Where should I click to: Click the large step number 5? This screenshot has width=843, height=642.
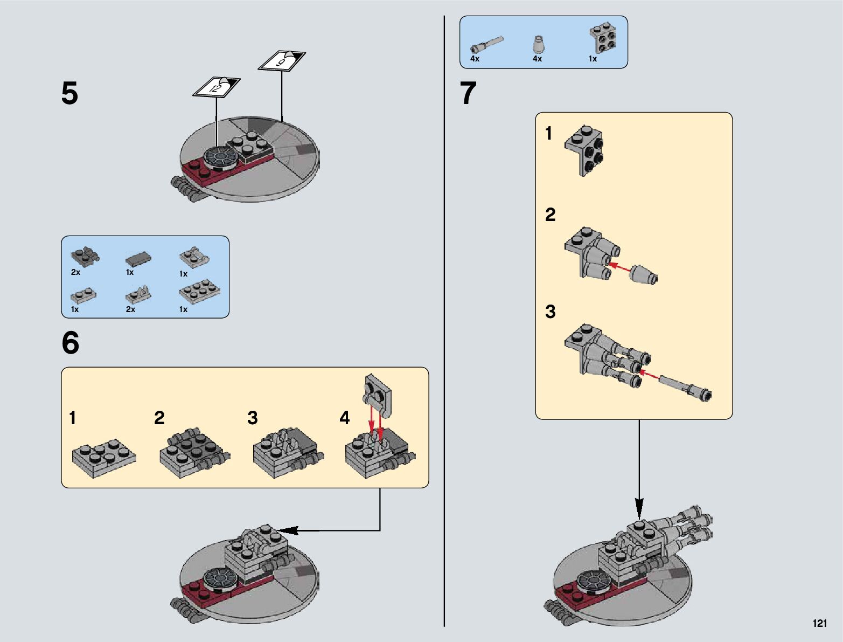[x=69, y=94]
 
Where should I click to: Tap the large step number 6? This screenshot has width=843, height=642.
[x=71, y=343]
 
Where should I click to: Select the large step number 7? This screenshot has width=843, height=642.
[x=468, y=94]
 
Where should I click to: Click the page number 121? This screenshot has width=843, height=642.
[x=819, y=624]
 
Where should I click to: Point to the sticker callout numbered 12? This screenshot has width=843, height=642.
[x=216, y=87]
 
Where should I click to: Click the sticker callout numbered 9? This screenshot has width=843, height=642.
[x=282, y=61]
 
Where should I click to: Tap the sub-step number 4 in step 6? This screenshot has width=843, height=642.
[x=345, y=418]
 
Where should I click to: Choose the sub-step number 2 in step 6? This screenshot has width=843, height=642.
[x=159, y=418]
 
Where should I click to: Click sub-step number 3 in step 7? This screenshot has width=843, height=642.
[x=550, y=312]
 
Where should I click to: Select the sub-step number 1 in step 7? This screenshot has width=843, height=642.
[x=549, y=133]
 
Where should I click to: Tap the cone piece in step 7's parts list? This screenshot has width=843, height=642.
[x=537, y=43]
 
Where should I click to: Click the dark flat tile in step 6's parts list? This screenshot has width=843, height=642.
[x=138, y=259]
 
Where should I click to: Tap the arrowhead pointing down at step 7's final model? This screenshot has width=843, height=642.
[x=639, y=508]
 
